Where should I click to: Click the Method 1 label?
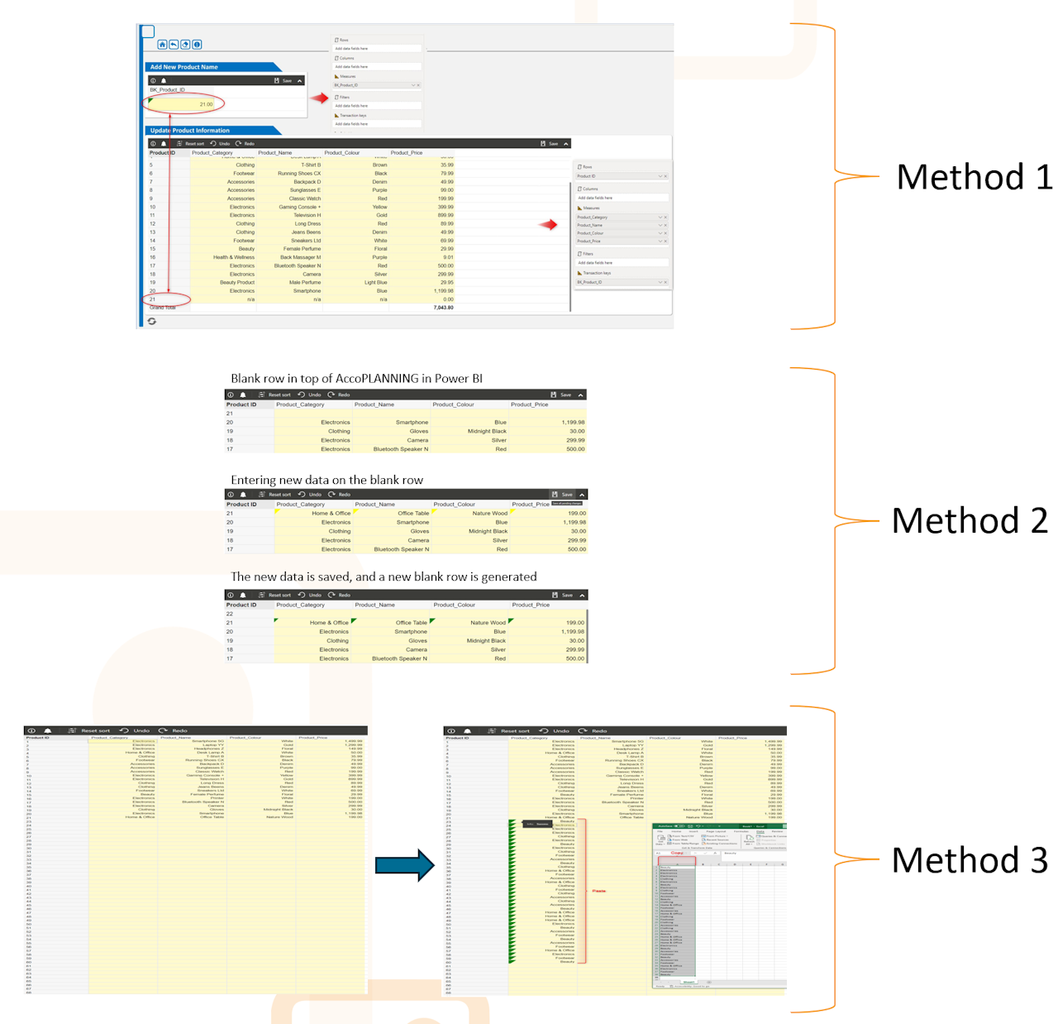click(973, 177)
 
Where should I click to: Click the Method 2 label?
click(970, 521)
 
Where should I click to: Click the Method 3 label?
click(970, 860)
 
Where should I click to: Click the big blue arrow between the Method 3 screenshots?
click(404, 866)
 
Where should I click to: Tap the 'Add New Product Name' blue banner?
click(185, 67)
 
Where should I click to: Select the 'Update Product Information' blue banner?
click(191, 131)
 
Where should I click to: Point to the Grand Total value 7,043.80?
click(443, 308)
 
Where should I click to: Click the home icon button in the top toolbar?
click(162, 45)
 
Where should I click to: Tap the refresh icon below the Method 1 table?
click(152, 321)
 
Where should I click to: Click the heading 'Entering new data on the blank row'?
click(326, 481)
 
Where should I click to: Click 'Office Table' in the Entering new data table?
click(412, 514)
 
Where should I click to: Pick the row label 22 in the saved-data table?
click(230, 614)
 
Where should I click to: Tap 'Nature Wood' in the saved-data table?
click(488, 623)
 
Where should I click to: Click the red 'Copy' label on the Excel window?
click(677, 853)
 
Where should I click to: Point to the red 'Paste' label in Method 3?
click(598, 891)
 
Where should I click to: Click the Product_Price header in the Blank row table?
click(529, 404)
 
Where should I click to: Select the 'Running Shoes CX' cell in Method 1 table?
click(299, 174)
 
